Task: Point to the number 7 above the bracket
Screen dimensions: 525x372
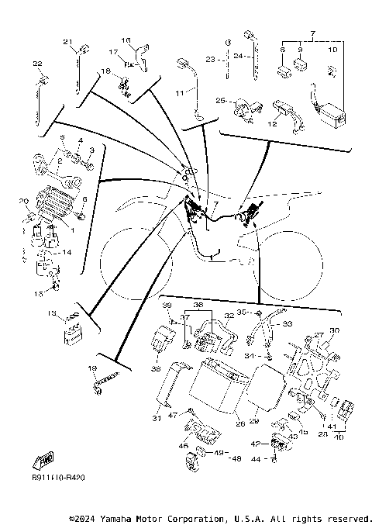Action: tap(312, 34)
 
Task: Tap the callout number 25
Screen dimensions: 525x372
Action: tap(221, 101)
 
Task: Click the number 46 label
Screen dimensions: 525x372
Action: tap(184, 446)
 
